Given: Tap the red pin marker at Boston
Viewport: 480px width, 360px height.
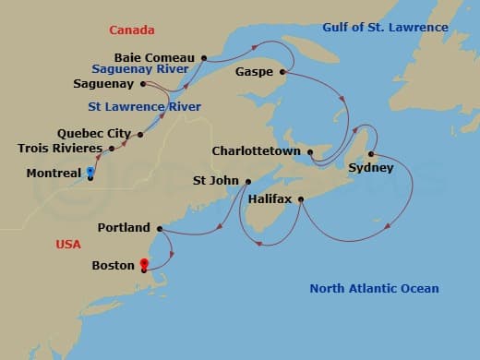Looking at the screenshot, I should [144, 265].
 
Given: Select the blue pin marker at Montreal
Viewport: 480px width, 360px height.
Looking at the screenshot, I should [90, 172].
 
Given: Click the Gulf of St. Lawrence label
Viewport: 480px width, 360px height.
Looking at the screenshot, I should [385, 27].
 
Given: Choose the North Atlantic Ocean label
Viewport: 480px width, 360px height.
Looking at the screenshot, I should [374, 289].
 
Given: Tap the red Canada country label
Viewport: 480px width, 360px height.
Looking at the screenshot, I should [131, 30].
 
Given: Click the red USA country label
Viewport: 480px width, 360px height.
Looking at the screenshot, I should [67, 244].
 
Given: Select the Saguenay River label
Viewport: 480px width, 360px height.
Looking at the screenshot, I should [139, 68].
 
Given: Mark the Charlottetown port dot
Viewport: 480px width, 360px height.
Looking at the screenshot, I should [310, 152].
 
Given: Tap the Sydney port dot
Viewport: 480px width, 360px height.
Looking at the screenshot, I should [370, 154].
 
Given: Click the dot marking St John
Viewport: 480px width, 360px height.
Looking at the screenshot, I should [248, 181].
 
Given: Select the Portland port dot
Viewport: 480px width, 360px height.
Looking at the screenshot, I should [160, 228].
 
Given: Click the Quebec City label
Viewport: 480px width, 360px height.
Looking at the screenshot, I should [94, 134].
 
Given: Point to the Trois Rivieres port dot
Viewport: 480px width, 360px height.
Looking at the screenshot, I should [110, 148].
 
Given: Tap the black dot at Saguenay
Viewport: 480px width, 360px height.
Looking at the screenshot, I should [145, 84].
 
